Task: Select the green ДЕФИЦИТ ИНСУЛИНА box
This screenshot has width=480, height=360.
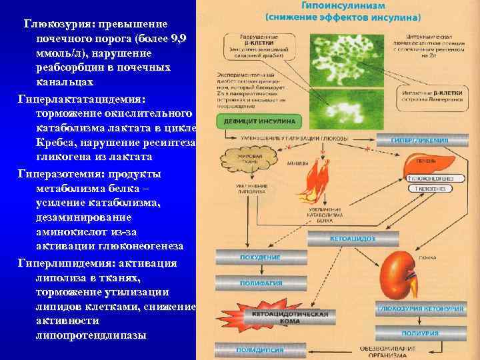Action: [248, 120]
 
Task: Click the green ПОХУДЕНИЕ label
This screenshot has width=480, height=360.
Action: [241, 257]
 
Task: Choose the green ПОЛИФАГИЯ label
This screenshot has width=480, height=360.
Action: [241, 283]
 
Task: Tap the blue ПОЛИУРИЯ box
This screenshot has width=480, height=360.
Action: [425, 333]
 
